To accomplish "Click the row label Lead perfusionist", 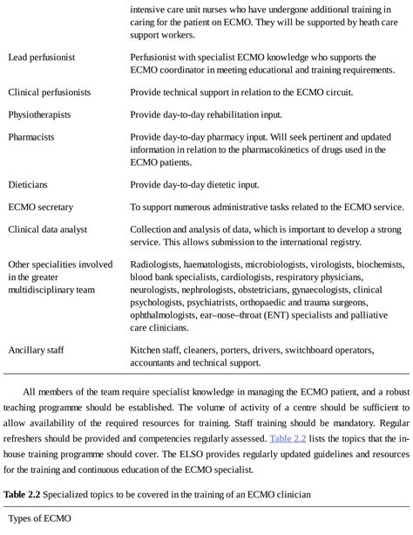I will coord(41,57).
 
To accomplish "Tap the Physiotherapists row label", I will coord(39,113).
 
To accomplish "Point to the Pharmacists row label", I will coord(32,137).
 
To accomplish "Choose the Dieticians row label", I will coord(29,184).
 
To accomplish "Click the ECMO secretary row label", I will coord(40,207).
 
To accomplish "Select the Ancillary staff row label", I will coord(38,349).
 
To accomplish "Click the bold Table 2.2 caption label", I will coord(24,494).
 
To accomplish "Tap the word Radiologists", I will coord(159,263).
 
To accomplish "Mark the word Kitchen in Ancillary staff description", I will coord(147,349).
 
